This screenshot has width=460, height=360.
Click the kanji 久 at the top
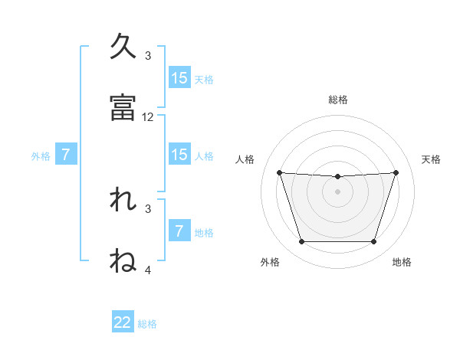123,47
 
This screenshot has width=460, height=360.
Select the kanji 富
123,108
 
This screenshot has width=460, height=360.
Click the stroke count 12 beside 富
148,117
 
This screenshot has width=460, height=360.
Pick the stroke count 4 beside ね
148,270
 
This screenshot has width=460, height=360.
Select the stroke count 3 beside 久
148,56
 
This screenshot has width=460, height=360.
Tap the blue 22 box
123,322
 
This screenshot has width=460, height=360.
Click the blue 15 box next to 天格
179,78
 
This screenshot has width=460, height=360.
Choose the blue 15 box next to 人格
179,155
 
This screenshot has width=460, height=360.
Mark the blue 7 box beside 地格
179,231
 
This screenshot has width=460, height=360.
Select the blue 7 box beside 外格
66,155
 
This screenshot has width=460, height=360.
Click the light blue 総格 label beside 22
147,324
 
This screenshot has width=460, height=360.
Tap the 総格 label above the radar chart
337,100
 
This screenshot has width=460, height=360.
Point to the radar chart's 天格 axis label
431,159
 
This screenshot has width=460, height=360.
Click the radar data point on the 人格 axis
279,172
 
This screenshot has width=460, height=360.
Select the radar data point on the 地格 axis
373,242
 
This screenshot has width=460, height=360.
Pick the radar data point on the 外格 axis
301,242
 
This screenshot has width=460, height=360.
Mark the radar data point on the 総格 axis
337,177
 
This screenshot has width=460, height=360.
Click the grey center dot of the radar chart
337,191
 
